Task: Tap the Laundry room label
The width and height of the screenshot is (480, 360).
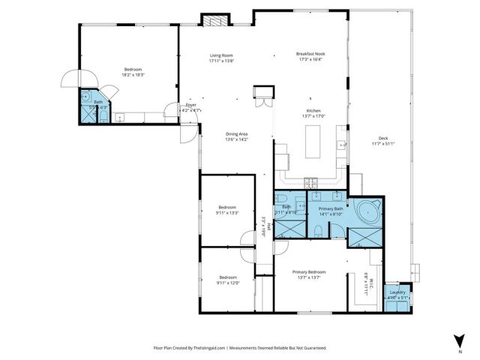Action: click(x=397, y=292)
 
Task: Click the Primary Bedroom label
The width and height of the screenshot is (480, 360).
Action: click(x=309, y=272)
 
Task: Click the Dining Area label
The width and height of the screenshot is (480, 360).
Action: click(x=237, y=134)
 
